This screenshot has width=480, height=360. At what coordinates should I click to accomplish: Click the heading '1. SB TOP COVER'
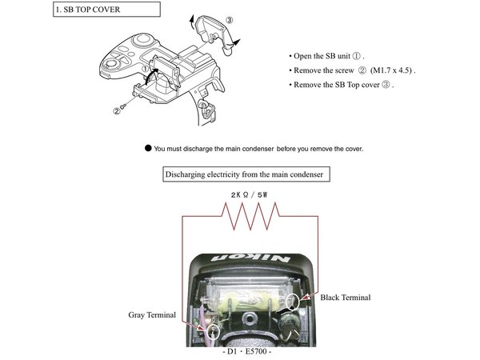(87, 10)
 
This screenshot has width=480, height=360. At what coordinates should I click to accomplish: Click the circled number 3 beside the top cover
(230, 20)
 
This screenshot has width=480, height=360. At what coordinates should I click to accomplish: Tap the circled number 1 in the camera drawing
(145, 69)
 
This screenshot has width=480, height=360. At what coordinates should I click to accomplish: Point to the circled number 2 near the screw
(117, 111)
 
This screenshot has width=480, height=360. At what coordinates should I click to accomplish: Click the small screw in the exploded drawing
(123, 106)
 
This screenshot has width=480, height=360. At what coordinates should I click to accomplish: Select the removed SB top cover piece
(215, 33)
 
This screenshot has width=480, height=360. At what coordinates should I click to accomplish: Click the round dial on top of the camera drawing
(142, 39)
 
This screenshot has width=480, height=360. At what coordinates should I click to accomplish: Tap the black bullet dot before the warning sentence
(148, 149)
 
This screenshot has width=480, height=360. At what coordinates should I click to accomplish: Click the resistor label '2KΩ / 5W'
(249, 194)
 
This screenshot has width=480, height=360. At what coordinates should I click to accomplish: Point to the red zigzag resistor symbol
(250, 216)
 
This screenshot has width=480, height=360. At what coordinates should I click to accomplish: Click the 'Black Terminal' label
(346, 298)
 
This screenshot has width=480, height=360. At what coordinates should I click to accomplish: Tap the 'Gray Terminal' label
(152, 315)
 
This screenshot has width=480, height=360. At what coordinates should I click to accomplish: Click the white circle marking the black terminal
(292, 302)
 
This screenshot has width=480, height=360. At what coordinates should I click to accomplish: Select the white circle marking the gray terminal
(213, 331)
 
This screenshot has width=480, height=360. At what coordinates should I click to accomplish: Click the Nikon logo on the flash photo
(250, 258)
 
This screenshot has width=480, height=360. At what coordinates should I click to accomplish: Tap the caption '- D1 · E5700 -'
(247, 352)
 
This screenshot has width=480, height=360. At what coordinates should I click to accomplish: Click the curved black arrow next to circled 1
(151, 77)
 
